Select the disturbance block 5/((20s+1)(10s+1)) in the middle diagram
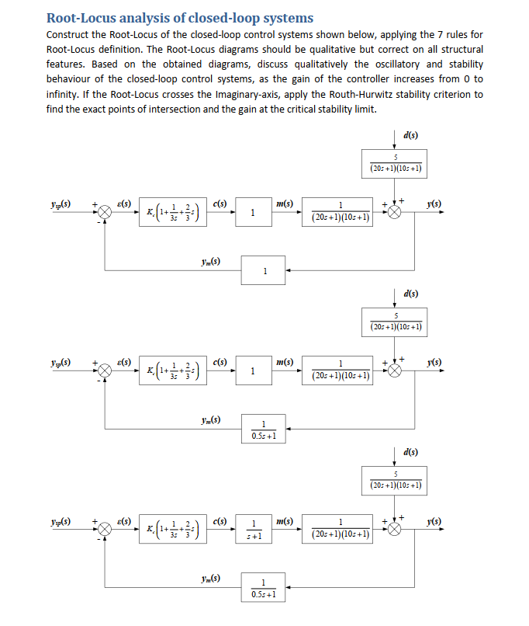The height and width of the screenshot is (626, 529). [x=396, y=322]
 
